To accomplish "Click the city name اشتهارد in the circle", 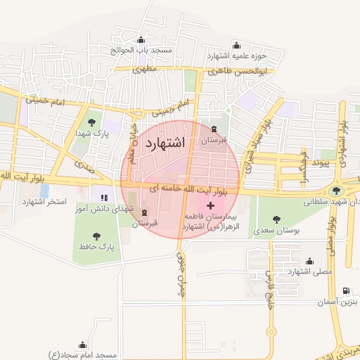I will [164, 143].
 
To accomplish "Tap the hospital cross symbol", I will [210, 205].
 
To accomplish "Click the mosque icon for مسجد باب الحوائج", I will [143, 40].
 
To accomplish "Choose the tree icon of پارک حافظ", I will [96, 236].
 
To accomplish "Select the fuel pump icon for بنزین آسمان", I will [345, 291].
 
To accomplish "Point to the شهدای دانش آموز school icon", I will [104, 198].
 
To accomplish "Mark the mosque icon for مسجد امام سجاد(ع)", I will [83, 345].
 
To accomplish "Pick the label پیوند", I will [322, 162].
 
